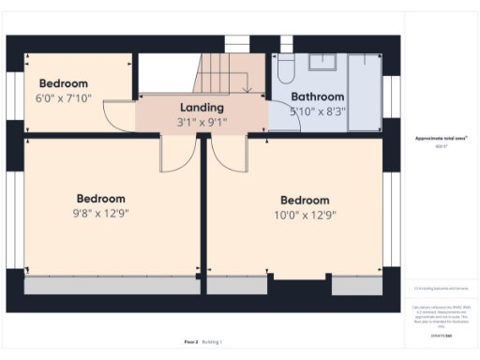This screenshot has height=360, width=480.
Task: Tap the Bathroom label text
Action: click(x=317, y=97)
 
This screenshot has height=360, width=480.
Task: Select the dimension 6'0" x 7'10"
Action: click(x=63, y=97)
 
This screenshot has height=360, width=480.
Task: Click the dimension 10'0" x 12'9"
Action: click(x=305, y=215)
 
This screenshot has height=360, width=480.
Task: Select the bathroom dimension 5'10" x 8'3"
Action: click(x=317, y=111)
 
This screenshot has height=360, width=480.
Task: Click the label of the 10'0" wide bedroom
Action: click(x=305, y=201)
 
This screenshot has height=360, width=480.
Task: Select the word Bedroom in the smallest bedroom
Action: click(x=63, y=83)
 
